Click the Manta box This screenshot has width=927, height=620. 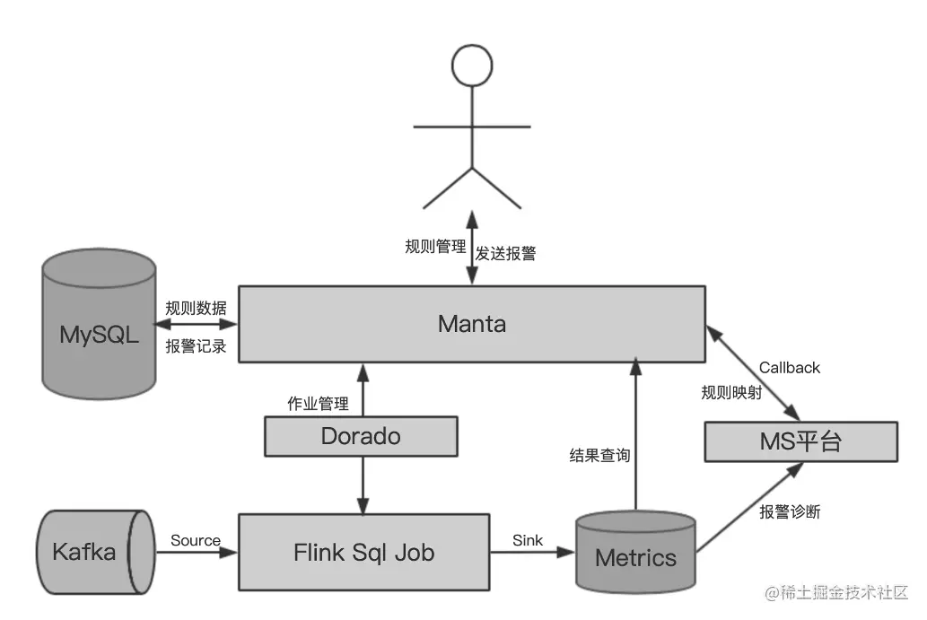[x=471, y=324]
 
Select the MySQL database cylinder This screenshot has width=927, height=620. [x=100, y=334]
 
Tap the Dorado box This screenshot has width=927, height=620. [x=361, y=437]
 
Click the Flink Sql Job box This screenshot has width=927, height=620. [x=363, y=552]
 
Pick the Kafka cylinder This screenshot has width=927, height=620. [x=90, y=551]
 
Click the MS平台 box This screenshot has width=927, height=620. [x=800, y=442]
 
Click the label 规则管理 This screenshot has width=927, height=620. [x=435, y=246]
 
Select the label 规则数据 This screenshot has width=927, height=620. [x=196, y=308]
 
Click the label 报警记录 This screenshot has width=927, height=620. [x=196, y=345]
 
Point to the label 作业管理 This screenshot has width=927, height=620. [x=318, y=403]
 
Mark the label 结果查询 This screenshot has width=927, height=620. [x=599, y=455]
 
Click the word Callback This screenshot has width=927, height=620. [x=789, y=367]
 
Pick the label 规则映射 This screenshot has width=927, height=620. [x=731, y=392]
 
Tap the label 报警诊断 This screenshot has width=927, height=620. [x=790, y=512]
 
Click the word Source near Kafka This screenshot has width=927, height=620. [x=195, y=540]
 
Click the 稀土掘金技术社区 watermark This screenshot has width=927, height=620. [x=836, y=592]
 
